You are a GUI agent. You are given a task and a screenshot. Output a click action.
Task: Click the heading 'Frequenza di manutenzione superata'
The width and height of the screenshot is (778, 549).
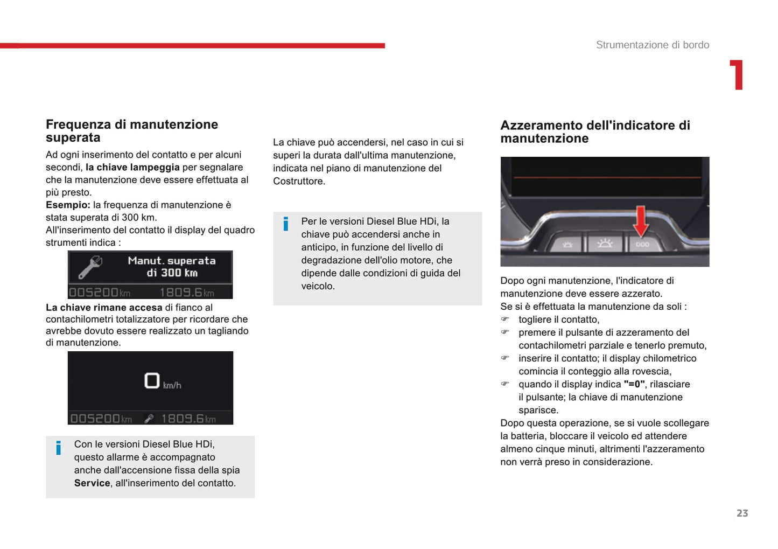pyautogui.click(x=131, y=131)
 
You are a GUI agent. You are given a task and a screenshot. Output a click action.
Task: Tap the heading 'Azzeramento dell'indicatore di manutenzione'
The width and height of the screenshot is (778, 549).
pyautogui.click(x=594, y=132)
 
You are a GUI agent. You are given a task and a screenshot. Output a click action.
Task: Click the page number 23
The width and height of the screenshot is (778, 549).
pyautogui.click(x=742, y=513)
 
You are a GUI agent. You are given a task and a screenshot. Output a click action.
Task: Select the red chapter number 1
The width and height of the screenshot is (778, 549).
pyautogui.click(x=737, y=75)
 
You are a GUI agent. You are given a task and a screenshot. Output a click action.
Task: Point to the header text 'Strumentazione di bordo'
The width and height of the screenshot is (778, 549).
pyautogui.click(x=652, y=45)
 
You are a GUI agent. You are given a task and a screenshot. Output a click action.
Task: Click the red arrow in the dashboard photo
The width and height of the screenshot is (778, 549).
pyautogui.click(x=640, y=221)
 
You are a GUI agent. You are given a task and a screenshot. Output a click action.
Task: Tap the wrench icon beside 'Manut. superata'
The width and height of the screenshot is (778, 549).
pyautogui.click(x=90, y=267)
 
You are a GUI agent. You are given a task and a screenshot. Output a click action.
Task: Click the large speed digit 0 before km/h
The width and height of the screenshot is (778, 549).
pyautogui.click(x=152, y=381)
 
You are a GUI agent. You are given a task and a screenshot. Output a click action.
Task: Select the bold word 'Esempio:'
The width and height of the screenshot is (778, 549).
pyautogui.click(x=68, y=205)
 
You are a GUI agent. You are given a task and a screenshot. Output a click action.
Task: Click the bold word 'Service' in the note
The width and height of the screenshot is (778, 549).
pyautogui.click(x=92, y=483)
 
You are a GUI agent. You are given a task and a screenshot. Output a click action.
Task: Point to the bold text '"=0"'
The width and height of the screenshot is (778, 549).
pyautogui.click(x=634, y=385)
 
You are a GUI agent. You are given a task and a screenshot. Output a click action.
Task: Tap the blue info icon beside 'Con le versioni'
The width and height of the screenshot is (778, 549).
pyautogui.click(x=59, y=448)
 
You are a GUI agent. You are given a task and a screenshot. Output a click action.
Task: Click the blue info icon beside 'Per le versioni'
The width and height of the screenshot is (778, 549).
pyautogui.click(x=286, y=224)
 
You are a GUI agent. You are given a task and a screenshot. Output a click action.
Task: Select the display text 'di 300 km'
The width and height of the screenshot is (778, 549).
pyautogui.click(x=172, y=273)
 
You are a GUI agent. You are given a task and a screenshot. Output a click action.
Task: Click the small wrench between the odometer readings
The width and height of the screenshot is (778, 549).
pyautogui.click(x=149, y=419)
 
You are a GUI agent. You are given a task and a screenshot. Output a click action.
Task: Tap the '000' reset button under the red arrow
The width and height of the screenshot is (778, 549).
pyautogui.click(x=642, y=245)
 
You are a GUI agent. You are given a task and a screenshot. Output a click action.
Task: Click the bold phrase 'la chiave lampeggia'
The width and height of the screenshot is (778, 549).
pyautogui.click(x=132, y=168)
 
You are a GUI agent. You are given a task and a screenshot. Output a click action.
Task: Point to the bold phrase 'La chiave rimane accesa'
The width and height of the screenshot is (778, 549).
pyautogui.click(x=104, y=308)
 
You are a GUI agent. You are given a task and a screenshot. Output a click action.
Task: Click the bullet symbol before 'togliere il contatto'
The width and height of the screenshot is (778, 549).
pyautogui.click(x=505, y=319)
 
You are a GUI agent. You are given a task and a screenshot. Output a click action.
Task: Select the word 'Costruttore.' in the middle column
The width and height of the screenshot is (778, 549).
pyautogui.click(x=299, y=182)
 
